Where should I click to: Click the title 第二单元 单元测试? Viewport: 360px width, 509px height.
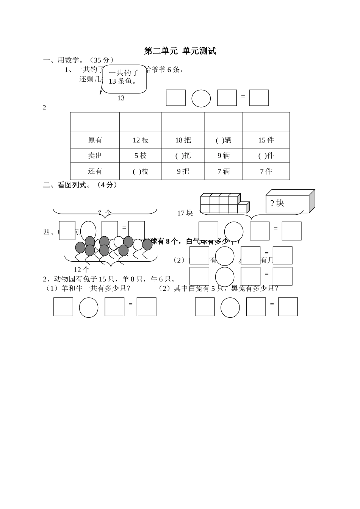click(180, 51)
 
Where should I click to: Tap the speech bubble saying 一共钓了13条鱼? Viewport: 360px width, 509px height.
click(124, 78)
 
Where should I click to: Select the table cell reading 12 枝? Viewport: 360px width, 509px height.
click(141, 140)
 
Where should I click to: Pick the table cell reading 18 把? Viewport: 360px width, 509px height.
click(183, 140)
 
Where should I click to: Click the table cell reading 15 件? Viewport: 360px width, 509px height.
click(266, 140)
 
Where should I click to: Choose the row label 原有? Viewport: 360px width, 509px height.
click(95, 140)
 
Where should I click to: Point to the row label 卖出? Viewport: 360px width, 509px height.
click(95, 156)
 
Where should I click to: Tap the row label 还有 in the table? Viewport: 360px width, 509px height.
click(95, 171)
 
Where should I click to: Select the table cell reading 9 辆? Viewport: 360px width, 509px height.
click(224, 156)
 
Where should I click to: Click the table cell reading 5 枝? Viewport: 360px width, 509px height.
click(141, 156)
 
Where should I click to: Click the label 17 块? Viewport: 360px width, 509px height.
click(185, 213)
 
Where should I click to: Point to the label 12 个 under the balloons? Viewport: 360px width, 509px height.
click(81, 270)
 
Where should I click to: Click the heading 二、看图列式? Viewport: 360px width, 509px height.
click(80, 185)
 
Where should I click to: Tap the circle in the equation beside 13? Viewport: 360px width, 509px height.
click(201, 98)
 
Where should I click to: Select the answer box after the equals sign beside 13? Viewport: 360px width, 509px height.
click(259, 98)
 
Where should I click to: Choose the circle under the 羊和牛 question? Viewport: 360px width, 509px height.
click(89, 307)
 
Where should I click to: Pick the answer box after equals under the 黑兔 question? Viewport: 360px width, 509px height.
click(288, 307)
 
